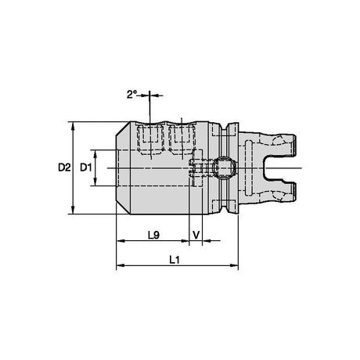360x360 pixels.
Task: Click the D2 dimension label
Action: tap(64, 167)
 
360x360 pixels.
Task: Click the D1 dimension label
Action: tap(86, 167)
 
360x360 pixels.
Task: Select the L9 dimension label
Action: tap(153, 236)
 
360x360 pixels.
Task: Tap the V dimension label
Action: tap(196, 236)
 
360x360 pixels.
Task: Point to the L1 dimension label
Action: tap(175, 260)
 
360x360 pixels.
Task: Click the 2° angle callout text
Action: tap(132, 95)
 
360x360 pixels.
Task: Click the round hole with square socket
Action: tap(224, 167)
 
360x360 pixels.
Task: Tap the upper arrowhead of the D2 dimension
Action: tap(73, 126)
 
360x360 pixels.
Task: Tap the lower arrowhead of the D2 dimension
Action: tap(73, 210)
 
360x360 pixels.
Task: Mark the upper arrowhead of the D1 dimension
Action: tap(95, 154)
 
